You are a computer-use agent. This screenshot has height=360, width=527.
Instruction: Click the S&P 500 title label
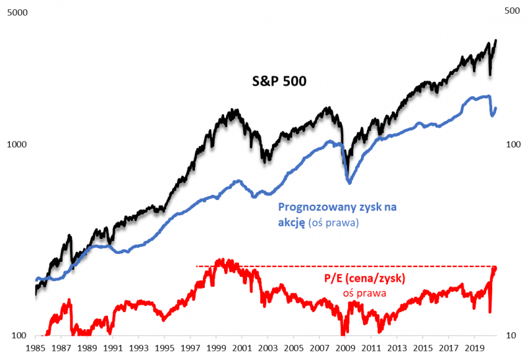pyautogui.click(x=280, y=81)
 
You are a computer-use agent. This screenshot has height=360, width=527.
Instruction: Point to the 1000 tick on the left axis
pyautogui.click(x=16, y=145)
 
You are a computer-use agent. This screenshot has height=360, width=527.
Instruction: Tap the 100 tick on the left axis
pyautogui.click(x=18, y=336)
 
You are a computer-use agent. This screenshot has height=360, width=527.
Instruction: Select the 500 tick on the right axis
pyautogui.click(x=512, y=11)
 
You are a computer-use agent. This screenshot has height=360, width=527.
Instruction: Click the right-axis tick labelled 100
pyautogui.click(x=512, y=145)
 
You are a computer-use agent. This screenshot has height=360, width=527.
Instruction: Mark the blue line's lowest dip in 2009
pyautogui.click(x=349, y=182)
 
